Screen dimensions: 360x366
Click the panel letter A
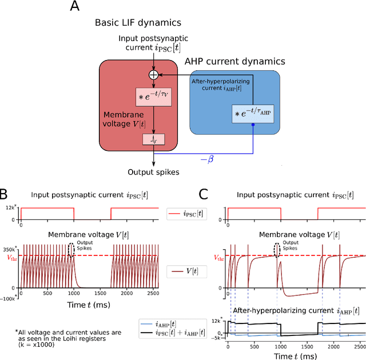(x=74, y=8)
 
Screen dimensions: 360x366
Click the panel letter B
(x=6, y=195)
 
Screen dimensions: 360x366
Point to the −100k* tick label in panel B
(x=9, y=297)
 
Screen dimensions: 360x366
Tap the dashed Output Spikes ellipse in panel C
(x=279, y=250)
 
